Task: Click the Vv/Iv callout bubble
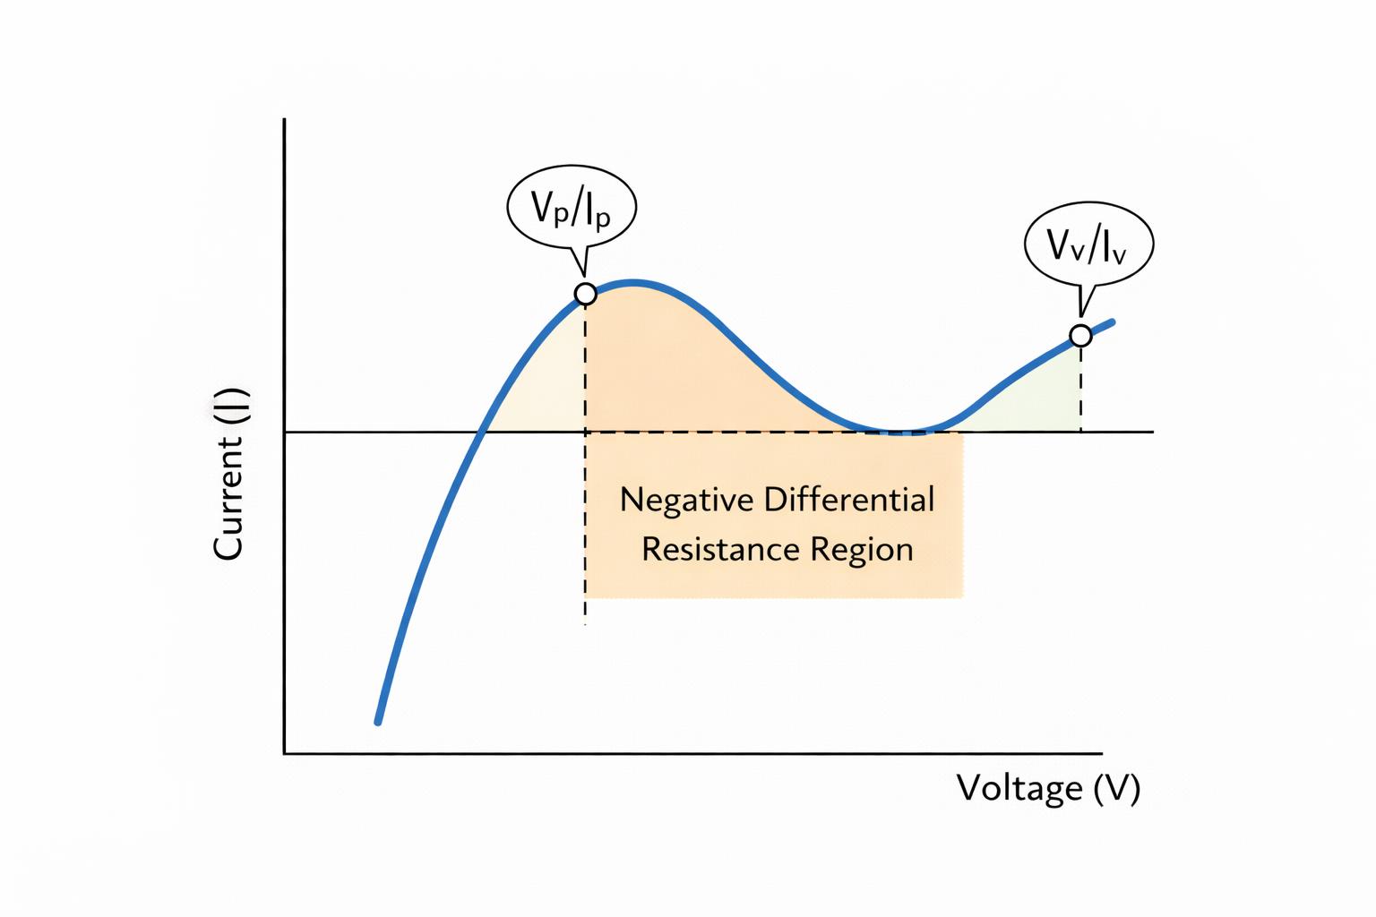pos(1088,244)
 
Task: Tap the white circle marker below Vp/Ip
pos(585,294)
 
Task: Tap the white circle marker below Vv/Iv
pos(1081,336)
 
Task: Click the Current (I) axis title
pos(229,474)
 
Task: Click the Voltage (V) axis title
pos(1048,788)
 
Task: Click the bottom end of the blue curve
pos(378,721)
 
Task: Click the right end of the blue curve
pos(1112,321)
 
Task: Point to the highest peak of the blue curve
pos(634,283)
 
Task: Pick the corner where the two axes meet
pos(285,753)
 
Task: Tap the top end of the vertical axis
pos(285,120)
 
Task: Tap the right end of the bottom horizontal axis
pos(1100,753)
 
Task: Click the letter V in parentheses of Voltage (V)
pos(1117,788)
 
